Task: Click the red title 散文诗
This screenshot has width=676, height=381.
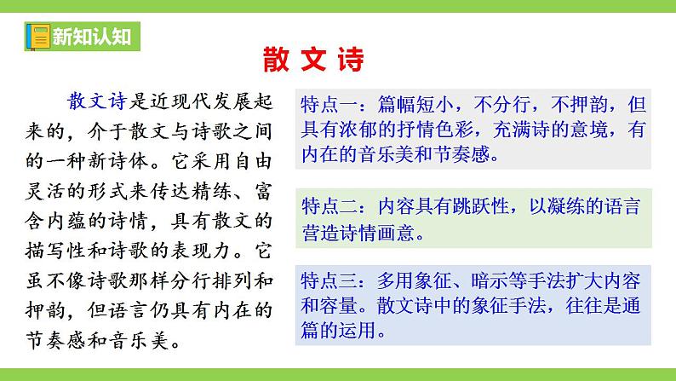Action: click(313, 60)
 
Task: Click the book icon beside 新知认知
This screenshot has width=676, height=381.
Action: click(37, 37)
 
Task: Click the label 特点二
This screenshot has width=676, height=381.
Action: click(330, 207)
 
